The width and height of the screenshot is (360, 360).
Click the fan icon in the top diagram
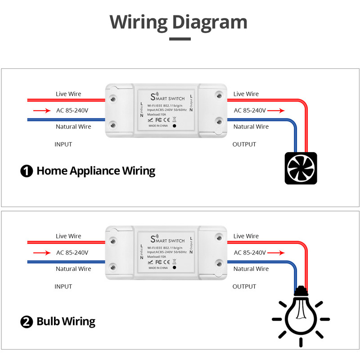coord(301,168)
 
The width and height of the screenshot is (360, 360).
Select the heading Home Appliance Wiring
coord(95,171)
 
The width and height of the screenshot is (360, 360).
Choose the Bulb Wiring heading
coord(66,322)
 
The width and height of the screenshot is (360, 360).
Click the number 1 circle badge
coord(27,171)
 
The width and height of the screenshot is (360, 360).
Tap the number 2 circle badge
coord(27,322)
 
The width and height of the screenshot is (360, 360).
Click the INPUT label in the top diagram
coord(63,144)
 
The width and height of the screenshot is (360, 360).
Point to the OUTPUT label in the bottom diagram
coord(244,287)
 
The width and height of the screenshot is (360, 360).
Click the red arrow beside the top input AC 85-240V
coord(42,110)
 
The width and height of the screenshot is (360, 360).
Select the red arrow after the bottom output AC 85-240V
coord(276,252)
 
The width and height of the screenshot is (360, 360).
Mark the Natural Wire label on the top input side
coord(73,127)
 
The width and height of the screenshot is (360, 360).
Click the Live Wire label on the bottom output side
coord(246,236)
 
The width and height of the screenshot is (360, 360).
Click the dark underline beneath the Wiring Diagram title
coord(180,39)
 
